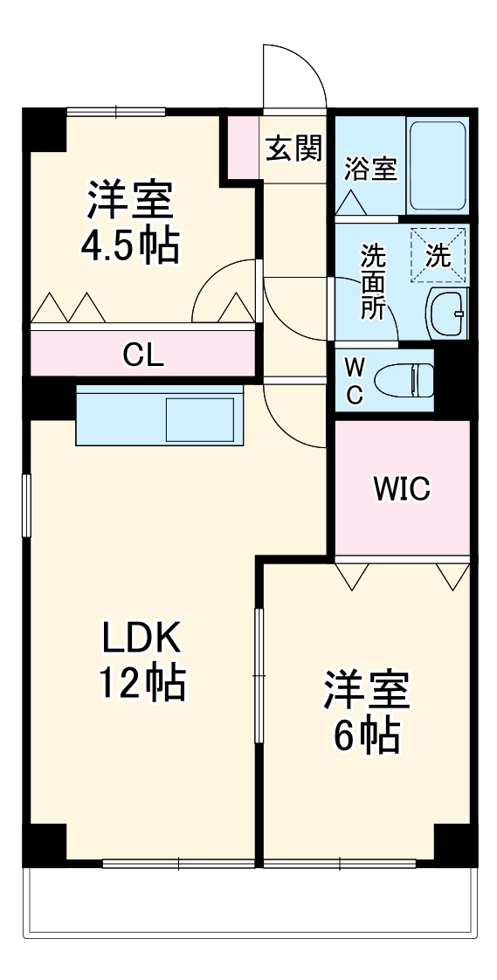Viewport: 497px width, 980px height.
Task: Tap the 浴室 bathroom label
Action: tap(370, 168)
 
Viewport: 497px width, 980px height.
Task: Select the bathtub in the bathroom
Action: tap(438, 165)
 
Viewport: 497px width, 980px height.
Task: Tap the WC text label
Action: tap(355, 380)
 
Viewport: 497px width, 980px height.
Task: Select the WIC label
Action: tap(402, 489)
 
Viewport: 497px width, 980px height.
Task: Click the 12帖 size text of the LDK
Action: tap(142, 682)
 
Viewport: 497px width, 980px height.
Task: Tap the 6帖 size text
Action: tap(367, 736)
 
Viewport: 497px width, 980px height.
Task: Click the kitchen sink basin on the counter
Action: tap(200, 419)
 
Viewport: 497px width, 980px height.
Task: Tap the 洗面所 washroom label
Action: tap(373, 283)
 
